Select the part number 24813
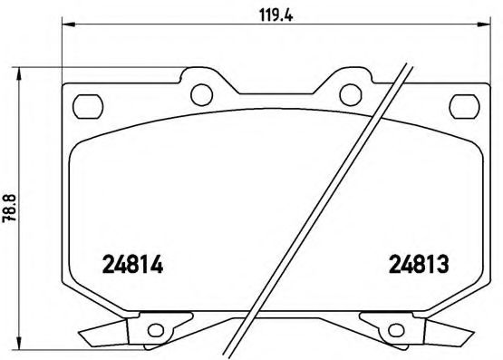pos(421,267)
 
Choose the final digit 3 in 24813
pos(447,267)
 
